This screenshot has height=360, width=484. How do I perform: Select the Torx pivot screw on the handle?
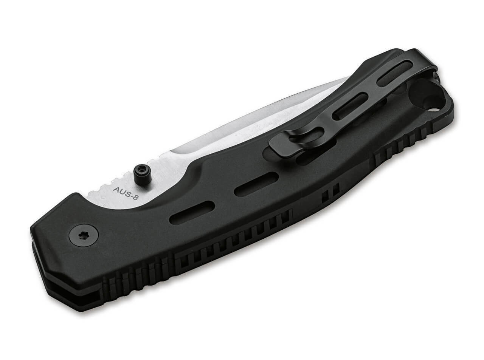click(84, 235)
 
